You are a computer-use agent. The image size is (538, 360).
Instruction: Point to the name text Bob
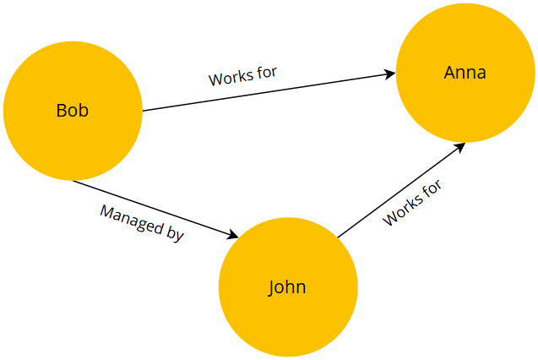click(x=73, y=111)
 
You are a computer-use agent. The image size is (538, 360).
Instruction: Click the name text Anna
click(x=465, y=74)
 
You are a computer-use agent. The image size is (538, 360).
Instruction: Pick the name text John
click(x=287, y=287)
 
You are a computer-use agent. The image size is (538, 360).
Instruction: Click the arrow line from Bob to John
click(x=152, y=208)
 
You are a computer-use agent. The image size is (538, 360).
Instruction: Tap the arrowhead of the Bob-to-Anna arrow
click(x=390, y=74)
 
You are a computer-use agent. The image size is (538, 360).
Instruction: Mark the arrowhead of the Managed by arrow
click(x=234, y=236)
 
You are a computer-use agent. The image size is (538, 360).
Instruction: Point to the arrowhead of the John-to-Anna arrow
click(x=460, y=146)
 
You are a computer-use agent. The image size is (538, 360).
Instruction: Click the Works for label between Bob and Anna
click(x=243, y=75)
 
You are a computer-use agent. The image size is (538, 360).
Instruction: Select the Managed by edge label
click(x=142, y=223)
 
